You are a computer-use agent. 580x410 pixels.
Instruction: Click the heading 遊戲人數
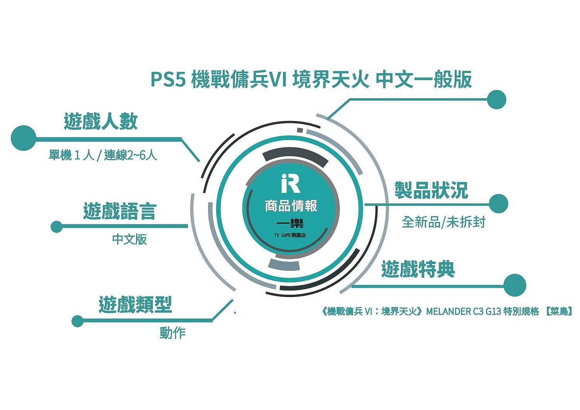pyautogui.click(x=101, y=121)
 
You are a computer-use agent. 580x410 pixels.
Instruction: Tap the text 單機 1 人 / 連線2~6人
pyautogui.click(x=103, y=155)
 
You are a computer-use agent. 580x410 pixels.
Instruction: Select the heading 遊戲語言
pyautogui.click(x=120, y=211)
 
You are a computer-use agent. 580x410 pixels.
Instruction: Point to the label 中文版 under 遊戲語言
pyautogui.click(x=130, y=239)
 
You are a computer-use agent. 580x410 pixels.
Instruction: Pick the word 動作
pyautogui.click(x=173, y=333)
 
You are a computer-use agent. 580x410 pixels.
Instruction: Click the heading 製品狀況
pyautogui.click(x=431, y=190)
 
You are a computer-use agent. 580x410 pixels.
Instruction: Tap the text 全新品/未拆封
pyautogui.click(x=444, y=222)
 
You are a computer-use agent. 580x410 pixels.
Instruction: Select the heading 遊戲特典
pyautogui.click(x=418, y=269)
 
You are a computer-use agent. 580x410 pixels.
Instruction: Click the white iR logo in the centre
pyautogui.click(x=290, y=184)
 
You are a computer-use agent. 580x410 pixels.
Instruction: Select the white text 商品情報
pyautogui.click(x=291, y=206)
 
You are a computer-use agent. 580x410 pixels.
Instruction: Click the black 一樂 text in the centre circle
pyautogui.click(x=290, y=224)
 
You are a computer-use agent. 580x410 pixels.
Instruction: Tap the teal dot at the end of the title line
pyautogui.click(x=496, y=99)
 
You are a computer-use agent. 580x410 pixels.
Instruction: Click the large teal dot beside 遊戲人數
pyautogui.click(x=24, y=138)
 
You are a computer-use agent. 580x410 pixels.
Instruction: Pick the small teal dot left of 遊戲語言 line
pyautogui.click(x=57, y=227)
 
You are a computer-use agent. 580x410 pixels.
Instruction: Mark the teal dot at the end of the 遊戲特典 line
pyautogui.click(x=515, y=285)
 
